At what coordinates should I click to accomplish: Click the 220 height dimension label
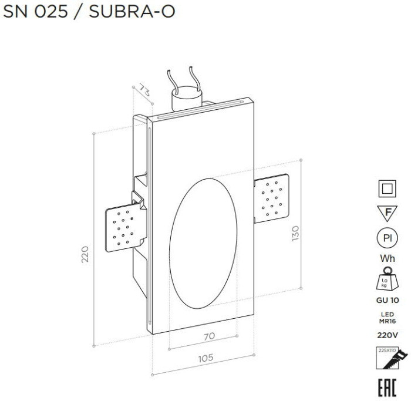tap(85, 254)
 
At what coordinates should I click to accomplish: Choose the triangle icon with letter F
tap(386, 213)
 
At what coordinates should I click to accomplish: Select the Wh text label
tap(386, 259)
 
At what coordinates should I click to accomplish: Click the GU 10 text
tap(386, 300)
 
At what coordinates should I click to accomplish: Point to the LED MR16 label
tap(386, 317)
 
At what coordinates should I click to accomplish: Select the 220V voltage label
tap(386, 335)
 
